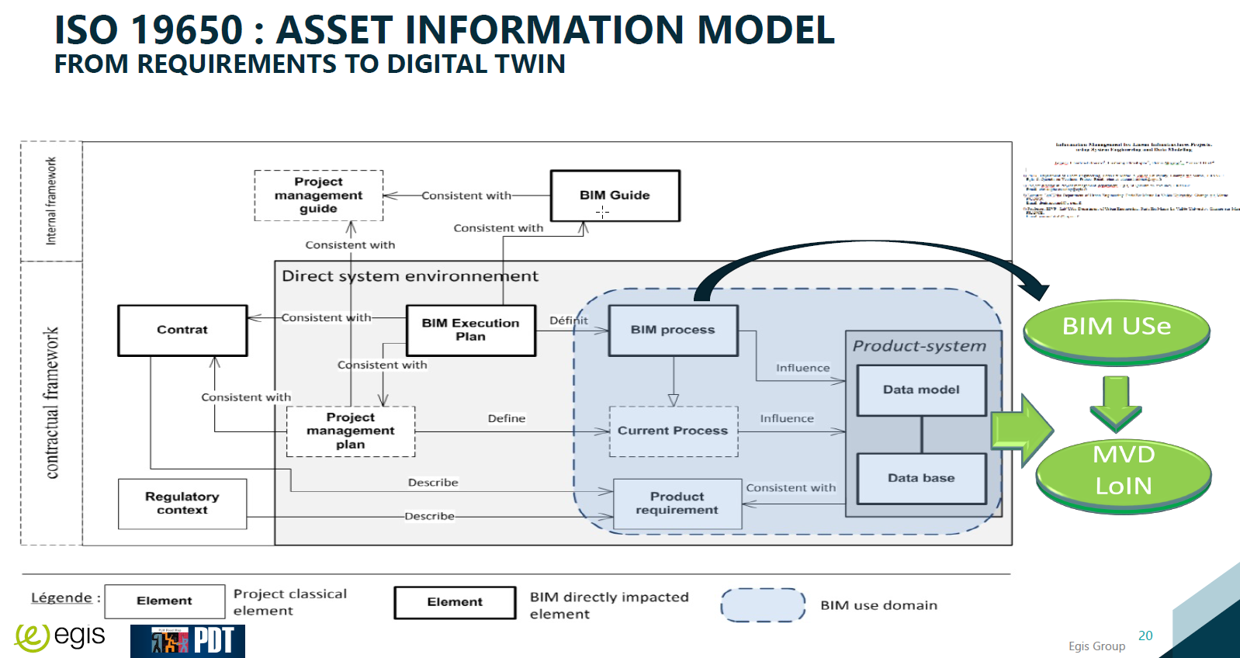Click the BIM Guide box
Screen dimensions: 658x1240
click(x=615, y=196)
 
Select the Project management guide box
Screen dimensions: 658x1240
click(x=318, y=196)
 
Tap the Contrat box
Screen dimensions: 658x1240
click(x=182, y=331)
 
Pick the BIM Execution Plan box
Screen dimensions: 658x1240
click(x=470, y=331)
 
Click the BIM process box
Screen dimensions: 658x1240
click(x=673, y=331)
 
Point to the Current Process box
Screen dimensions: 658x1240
click(x=673, y=431)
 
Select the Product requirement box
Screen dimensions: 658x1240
click(x=677, y=504)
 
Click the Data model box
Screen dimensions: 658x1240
click(x=921, y=390)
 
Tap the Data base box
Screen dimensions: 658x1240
click(x=921, y=479)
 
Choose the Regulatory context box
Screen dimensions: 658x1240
click(x=182, y=504)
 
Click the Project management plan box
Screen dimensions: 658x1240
click(x=351, y=431)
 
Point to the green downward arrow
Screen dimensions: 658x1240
click(x=1116, y=402)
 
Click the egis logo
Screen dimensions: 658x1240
click(x=61, y=638)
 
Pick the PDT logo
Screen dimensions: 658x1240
click(x=188, y=641)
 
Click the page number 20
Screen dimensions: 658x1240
click(x=1145, y=636)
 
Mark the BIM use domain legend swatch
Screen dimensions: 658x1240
click(x=763, y=605)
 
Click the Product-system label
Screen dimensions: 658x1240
click(x=920, y=346)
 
